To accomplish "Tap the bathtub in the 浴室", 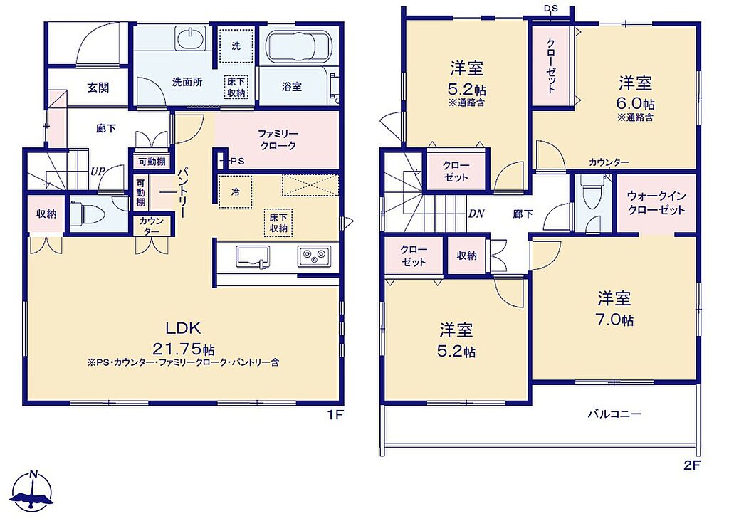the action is pyautogui.click(x=298, y=47).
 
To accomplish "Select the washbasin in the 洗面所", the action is pyautogui.click(x=191, y=38).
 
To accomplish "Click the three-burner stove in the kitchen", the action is pyautogui.click(x=314, y=256).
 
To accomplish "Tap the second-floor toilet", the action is pyautogui.click(x=592, y=196).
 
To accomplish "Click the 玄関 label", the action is pyautogui.click(x=98, y=88).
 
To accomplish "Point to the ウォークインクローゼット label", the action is pyautogui.click(x=656, y=203).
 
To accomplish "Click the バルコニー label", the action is pyautogui.click(x=614, y=414).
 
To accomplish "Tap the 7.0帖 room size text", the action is pyautogui.click(x=614, y=320).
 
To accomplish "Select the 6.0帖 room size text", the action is pyautogui.click(x=635, y=103).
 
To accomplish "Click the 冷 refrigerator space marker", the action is pyautogui.click(x=235, y=191).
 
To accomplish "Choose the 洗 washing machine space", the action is pyautogui.click(x=236, y=46).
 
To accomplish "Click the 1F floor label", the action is pyautogui.click(x=335, y=414).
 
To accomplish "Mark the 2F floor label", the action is pyautogui.click(x=692, y=465).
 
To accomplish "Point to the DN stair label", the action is pyautogui.click(x=476, y=214).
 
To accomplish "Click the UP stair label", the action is pyautogui.click(x=98, y=171).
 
